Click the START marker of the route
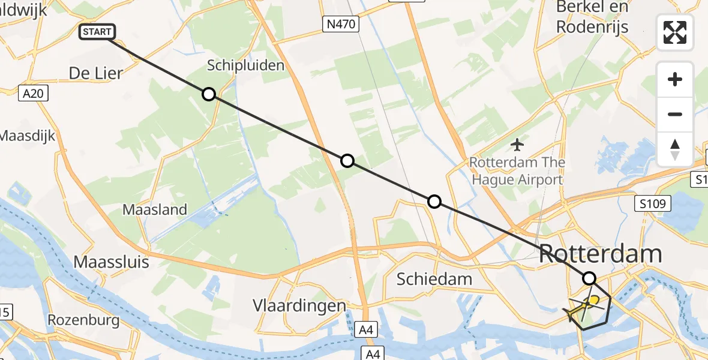[x=96, y=32]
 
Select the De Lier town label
[x=96, y=73]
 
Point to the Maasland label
[x=155, y=210]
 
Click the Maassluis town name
[x=106, y=262]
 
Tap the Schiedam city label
[x=434, y=279]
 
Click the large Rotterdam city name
[x=601, y=254]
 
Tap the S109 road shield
[x=653, y=204]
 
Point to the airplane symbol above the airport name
[x=517, y=145]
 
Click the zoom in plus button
[x=675, y=79]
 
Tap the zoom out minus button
[x=675, y=114]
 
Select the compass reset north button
[x=675, y=149]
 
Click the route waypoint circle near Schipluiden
[x=208, y=94]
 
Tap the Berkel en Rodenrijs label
[x=592, y=17]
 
